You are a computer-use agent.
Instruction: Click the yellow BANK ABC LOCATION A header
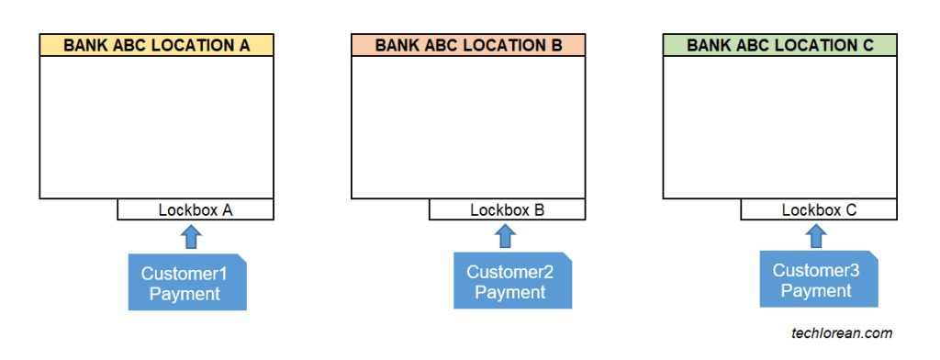pos(156,44)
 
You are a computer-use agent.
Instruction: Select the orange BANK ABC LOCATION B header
pos(468,44)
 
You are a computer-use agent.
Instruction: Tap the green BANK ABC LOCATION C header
pos(780,44)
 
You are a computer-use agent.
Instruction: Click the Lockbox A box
pos(196,209)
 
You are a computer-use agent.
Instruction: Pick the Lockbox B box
pos(508,209)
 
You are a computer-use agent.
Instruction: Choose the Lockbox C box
pos(819,209)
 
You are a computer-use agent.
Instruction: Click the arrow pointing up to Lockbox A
pos(190,237)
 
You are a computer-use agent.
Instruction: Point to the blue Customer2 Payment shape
pos(512,281)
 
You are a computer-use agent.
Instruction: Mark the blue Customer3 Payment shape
pos(818,280)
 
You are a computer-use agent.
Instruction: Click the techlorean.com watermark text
pos(842,333)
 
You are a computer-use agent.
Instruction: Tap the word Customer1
pos(184,274)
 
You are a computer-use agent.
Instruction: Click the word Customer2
pos(509,272)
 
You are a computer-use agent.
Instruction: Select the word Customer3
pos(816,270)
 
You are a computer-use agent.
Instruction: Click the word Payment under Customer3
pos(816,291)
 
